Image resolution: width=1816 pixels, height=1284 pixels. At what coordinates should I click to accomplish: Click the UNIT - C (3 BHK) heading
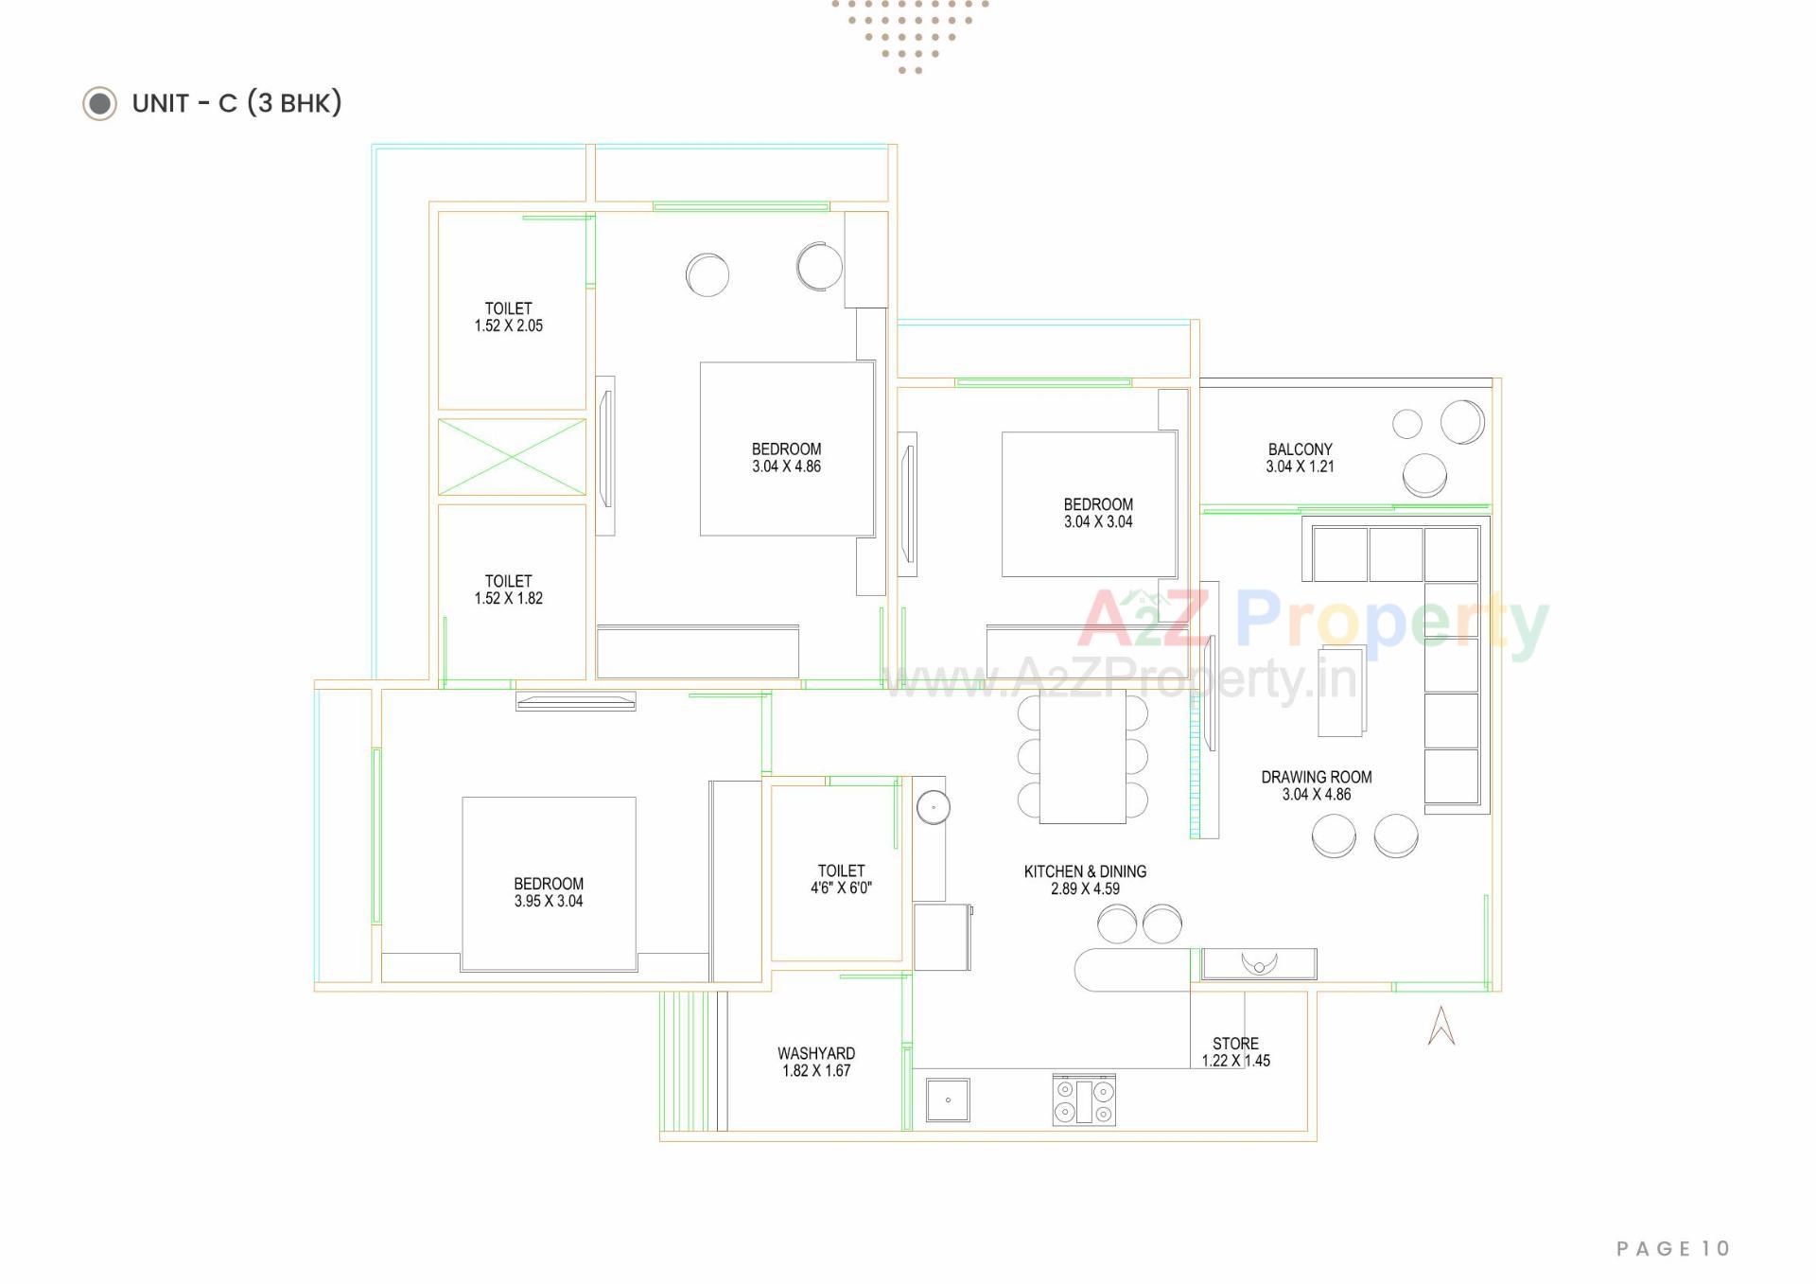[236, 102]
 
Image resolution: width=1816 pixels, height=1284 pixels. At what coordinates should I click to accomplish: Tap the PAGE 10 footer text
[1672, 1248]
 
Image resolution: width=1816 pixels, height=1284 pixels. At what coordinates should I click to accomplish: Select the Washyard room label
[815, 1053]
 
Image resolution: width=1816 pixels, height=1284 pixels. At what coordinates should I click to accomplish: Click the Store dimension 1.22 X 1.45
[1235, 1061]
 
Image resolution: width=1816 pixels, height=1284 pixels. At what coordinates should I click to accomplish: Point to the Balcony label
[1300, 449]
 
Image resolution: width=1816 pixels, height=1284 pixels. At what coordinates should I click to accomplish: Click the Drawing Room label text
[1316, 777]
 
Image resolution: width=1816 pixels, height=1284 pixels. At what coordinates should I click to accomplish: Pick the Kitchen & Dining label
[1085, 871]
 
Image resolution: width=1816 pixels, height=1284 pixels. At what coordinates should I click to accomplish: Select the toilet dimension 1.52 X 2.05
[508, 325]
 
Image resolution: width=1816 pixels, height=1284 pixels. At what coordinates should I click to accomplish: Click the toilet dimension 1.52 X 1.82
[508, 598]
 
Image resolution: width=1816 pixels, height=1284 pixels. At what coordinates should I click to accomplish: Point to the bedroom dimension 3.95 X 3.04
[548, 901]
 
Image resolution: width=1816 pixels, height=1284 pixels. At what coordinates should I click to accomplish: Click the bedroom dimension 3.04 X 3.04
[1097, 521]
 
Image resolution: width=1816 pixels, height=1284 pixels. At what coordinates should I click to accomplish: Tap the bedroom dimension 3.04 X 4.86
[786, 466]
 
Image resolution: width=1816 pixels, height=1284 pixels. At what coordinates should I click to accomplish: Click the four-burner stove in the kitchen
[1084, 1099]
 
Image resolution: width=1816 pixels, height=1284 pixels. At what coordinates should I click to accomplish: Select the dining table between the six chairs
[1082, 757]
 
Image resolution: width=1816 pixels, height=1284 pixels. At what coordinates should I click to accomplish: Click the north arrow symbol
[1441, 1026]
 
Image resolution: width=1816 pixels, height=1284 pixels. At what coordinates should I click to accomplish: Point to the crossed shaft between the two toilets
[512, 457]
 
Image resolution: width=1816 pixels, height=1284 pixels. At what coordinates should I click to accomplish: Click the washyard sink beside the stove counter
[947, 1099]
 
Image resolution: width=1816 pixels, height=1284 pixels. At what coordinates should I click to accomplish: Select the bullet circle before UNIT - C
[99, 103]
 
